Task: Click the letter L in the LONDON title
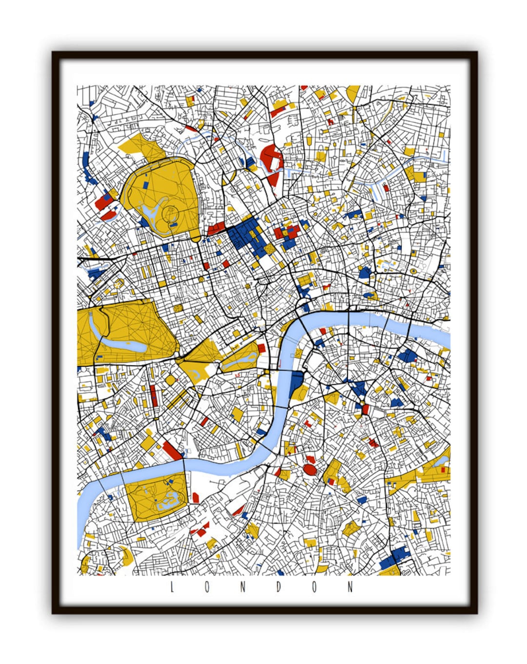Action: [x=172, y=587]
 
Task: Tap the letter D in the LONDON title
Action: [x=279, y=587]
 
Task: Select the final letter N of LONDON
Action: [x=350, y=587]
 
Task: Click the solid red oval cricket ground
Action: [x=309, y=470]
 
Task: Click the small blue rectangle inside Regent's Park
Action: [x=147, y=186]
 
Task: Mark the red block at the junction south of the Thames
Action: [x=365, y=409]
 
